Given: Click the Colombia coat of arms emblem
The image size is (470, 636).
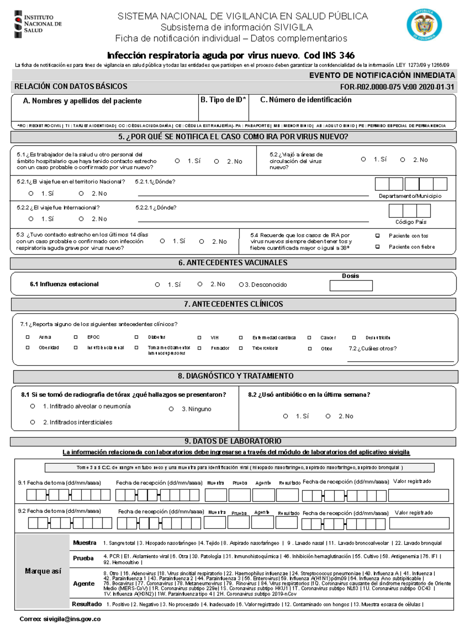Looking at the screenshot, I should (x=424, y=25).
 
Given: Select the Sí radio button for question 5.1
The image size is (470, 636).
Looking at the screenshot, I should (x=177, y=161).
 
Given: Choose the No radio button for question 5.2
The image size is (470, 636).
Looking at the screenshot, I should (x=403, y=160).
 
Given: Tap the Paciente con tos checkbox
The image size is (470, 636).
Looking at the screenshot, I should (x=378, y=236).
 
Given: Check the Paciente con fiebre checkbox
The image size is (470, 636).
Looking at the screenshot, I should (x=378, y=247).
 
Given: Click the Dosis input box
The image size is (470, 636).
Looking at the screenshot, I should (x=351, y=286).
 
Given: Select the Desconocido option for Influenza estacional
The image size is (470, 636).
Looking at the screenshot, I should (x=241, y=285).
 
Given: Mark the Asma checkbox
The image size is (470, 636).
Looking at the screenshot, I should (x=27, y=337).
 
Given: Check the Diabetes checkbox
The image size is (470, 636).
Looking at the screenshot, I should (x=136, y=337).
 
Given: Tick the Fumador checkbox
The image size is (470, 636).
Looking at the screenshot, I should (x=199, y=348).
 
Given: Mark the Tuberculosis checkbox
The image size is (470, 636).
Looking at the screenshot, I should (x=241, y=348).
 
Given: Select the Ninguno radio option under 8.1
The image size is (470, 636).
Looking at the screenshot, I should (x=171, y=409).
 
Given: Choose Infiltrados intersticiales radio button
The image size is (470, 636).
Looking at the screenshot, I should (x=33, y=422).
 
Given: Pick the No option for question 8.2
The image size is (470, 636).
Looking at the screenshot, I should (x=328, y=416).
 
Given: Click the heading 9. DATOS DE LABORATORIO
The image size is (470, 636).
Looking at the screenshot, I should (x=233, y=441).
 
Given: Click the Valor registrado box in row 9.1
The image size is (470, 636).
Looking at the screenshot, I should (x=418, y=495).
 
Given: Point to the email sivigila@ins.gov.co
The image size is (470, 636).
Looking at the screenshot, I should (x=72, y=619).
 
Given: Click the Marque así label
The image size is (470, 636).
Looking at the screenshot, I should (x=43, y=571).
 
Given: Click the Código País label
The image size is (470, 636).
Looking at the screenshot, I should (x=410, y=222).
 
